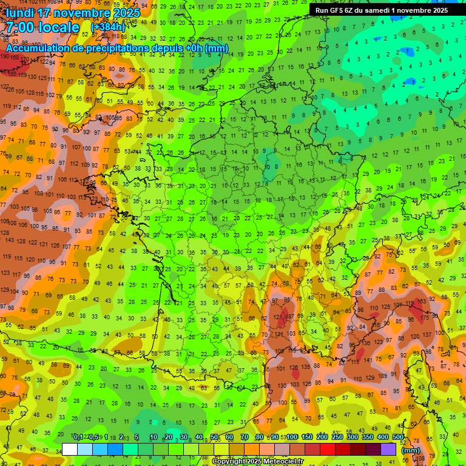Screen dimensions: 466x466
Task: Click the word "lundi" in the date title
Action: (21, 13)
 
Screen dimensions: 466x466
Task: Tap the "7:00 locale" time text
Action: (42, 27)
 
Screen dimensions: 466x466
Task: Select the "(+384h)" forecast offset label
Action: (109, 27)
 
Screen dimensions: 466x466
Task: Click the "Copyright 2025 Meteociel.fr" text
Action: (257, 462)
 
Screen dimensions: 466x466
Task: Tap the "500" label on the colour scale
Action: (397, 437)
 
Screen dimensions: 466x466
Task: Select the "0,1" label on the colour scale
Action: (78, 437)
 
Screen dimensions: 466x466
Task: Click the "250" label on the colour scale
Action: (337, 437)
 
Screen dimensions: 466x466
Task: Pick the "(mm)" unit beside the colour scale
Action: (411, 450)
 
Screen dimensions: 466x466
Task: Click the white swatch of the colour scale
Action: (70, 449)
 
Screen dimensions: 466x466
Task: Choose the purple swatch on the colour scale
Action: (388, 449)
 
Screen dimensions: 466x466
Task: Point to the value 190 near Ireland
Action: (5, 56)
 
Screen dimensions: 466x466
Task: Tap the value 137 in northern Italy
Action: (428, 334)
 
